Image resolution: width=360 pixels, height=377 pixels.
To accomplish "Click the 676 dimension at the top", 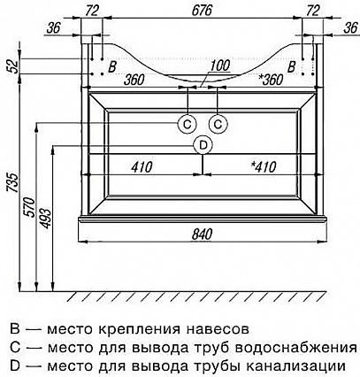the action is pyautogui.click(x=203, y=11).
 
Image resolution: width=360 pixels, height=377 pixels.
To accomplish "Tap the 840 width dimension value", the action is pyautogui.click(x=203, y=235).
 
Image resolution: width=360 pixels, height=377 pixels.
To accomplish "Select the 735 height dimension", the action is pyautogui.click(x=12, y=183).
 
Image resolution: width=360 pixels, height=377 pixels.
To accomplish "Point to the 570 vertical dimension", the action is pyautogui.click(x=30, y=207).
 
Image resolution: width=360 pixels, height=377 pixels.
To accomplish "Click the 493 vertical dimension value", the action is pyautogui.click(x=45, y=219).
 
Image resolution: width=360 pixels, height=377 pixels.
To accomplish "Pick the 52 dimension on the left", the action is pyautogui.click(x=12, y=65).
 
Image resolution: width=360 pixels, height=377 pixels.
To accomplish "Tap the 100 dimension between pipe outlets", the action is pyautogui.click(x=220, y=65).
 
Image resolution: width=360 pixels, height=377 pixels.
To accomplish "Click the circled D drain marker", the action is pyautogui.click(x=203, y=145).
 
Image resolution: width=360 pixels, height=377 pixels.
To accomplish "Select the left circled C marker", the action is pyautogui.click(x=188, y=125).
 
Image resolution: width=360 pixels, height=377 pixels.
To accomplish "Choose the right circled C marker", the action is pyautogui.click(x=218, y=125).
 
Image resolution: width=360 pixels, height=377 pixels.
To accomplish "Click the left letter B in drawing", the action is pyautogui.click(x=112, y=67).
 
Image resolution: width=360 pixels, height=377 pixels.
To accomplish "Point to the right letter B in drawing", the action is pyautogui.click(x=291, y=67).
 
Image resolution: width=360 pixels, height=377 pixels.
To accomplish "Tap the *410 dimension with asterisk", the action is pyautogui.click(x=264, y=167).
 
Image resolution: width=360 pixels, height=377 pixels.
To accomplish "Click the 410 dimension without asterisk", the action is pyautogui.click(x=142, y=167).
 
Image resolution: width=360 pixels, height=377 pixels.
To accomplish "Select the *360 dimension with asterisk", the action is pyautogui.click(x=271, y=80).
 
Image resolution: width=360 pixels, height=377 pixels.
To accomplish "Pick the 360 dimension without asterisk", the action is pyautogui.click(x=134, y=80).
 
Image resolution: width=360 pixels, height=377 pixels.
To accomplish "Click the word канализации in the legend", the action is pyautogui.click(x=295, y=366).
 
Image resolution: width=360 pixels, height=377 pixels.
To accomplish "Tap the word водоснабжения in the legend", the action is pyautogui.click(x=297, y=348).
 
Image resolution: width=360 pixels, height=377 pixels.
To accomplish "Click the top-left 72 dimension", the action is pyautogui.click(x=92, y=11).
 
